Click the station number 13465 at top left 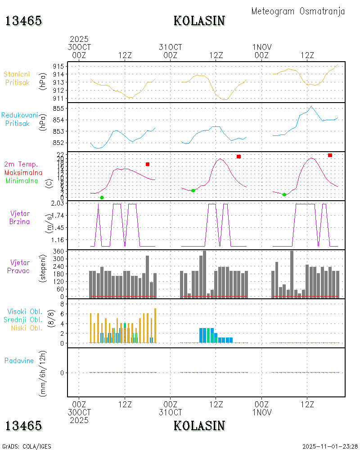23,21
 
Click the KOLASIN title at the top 199,21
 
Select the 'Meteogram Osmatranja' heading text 298,11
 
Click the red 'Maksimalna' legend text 23,172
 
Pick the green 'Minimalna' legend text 22,180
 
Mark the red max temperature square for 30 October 148,164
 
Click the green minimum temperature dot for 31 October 193,191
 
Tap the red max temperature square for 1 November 330,155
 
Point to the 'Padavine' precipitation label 19,360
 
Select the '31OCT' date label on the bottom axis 171,412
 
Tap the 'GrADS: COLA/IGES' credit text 27,446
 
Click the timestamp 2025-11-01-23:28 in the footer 330,446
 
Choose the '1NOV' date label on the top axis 261,47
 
